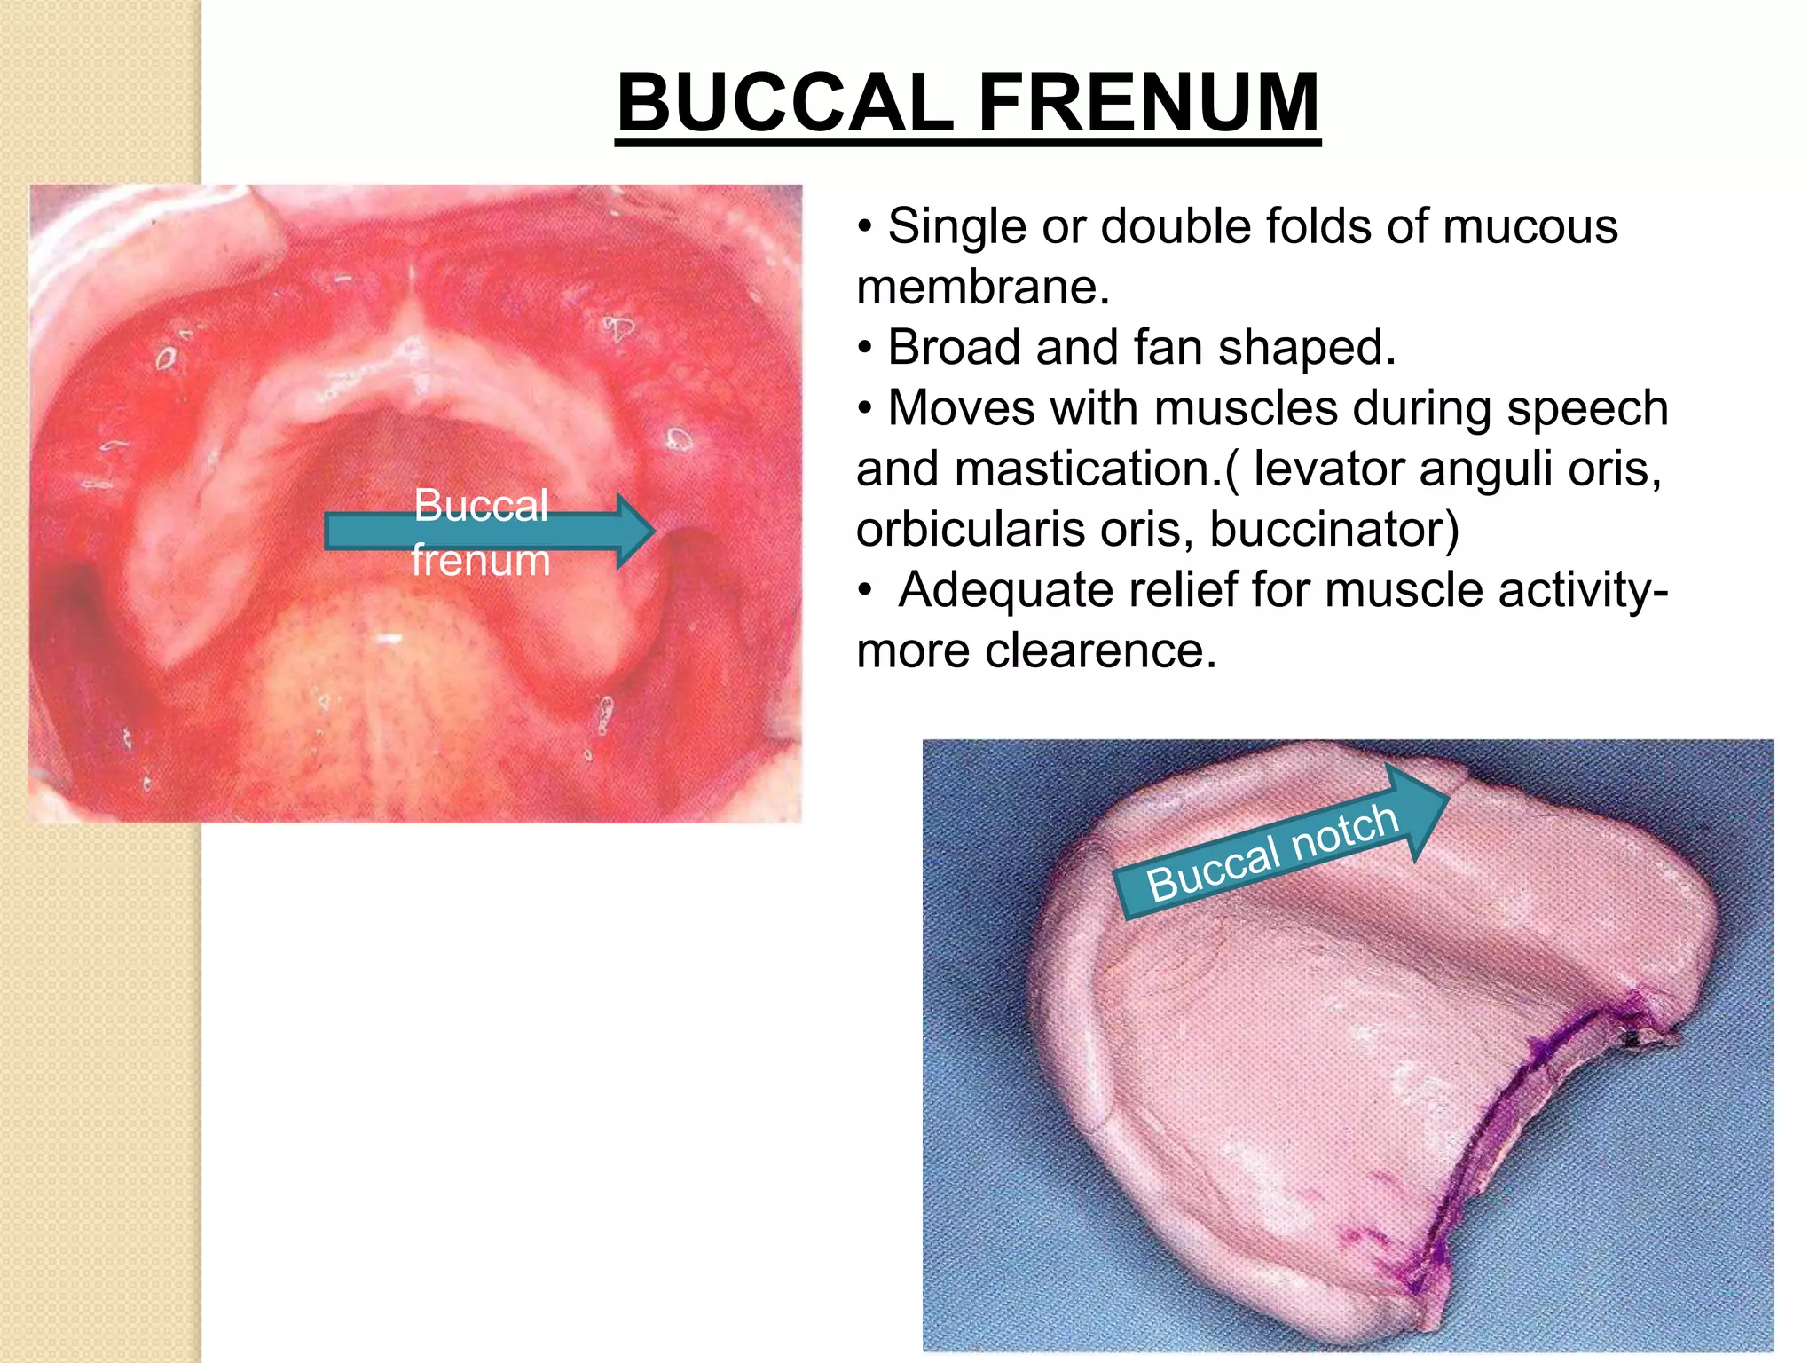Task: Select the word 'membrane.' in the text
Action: (983, 287)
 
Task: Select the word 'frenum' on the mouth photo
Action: (480, 561)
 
